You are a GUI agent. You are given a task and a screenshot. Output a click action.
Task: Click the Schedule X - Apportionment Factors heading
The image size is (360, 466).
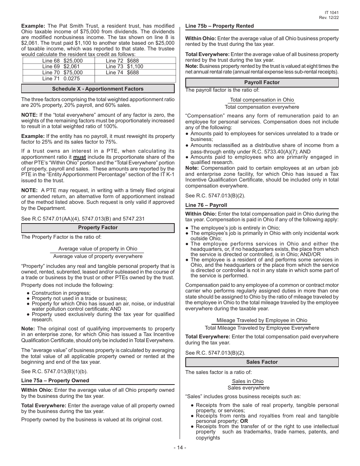98,89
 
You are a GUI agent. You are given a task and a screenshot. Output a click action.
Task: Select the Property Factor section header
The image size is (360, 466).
98,228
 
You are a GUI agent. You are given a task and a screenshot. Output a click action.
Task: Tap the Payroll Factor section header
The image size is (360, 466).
261,82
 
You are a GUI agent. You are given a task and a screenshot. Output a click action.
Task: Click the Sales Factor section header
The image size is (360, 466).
261,362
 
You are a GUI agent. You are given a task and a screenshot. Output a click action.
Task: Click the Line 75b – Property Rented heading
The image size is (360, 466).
219,26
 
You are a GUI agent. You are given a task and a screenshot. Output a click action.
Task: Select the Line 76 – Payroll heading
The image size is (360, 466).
206,205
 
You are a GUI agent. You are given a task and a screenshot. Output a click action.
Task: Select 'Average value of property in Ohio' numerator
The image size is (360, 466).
98,249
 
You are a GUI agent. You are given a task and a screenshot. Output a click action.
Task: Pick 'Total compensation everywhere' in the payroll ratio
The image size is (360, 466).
261,107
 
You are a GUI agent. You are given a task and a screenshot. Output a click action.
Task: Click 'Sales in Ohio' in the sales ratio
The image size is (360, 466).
247,381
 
